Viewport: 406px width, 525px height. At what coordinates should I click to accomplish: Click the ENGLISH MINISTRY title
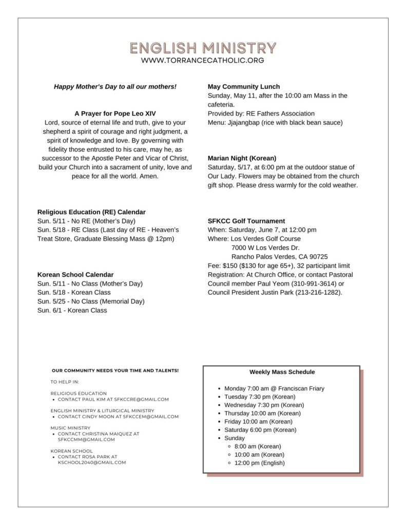click(203, 48)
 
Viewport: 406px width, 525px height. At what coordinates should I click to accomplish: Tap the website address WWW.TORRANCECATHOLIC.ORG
click(203, 60)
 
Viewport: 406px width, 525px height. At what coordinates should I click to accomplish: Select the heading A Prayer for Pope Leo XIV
click(115, 113)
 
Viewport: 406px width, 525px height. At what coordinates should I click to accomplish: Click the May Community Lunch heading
click(244, 87)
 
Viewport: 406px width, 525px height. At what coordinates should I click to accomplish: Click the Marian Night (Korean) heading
click(242, 158)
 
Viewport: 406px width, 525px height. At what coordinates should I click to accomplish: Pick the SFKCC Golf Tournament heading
click(246, 221)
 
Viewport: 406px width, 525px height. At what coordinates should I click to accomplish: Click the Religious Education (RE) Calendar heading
click(91, 212)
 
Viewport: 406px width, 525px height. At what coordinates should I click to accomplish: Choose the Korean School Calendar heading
click(75, 274)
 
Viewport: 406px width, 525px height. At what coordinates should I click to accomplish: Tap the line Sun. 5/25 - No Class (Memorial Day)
click(91, 301)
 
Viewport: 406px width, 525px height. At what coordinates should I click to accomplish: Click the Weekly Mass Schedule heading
click(282, 372)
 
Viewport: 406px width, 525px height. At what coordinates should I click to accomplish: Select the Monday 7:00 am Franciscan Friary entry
click(274, 389)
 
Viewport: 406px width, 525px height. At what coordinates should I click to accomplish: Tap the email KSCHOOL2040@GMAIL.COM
click(92, 462)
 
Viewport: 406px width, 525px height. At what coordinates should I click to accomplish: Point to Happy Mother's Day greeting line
click(115, 87)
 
